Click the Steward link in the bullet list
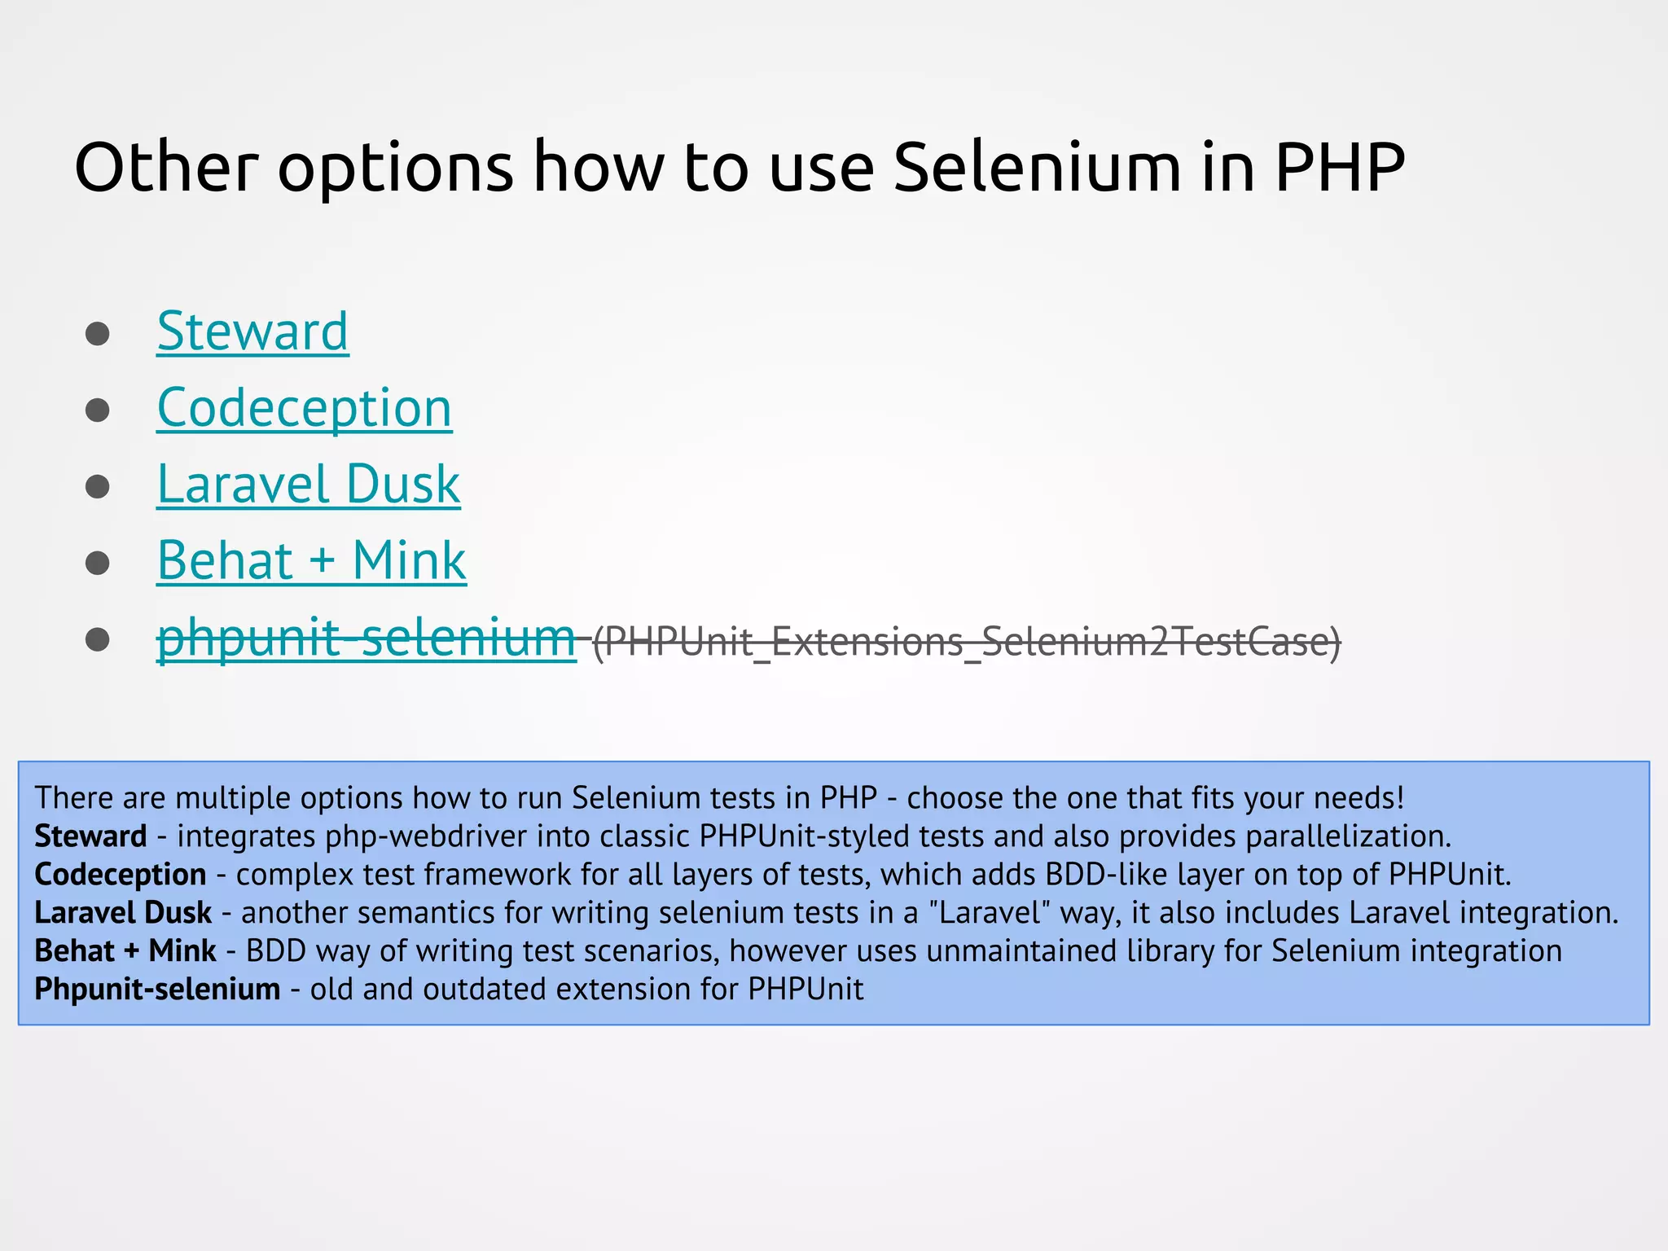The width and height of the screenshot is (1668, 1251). click(252, 331)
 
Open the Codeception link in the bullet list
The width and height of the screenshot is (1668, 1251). click(304, 408)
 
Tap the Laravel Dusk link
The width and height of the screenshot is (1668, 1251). click(308, 485)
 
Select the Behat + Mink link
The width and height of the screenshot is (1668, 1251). click(311, 561)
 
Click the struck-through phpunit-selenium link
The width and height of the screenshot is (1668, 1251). click(366, 638)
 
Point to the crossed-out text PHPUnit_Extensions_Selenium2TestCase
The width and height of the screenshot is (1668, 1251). click(966, 642)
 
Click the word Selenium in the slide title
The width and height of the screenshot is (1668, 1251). click(1037, 168)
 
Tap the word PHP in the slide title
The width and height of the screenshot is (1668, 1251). click(1340, 168)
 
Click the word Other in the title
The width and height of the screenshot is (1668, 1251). click(166, 168)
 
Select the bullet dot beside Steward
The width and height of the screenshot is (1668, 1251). click(98, 334)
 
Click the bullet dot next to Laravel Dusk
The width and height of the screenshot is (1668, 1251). click(98, 487)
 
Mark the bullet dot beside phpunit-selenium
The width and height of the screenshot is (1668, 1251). click(98, 639)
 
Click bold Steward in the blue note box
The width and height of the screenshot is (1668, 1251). click(90, 836)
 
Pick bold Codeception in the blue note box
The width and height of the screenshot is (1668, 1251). click(121, 875)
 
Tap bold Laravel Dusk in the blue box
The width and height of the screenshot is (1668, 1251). click(123, 913)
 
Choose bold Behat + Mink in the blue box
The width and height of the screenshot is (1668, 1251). click(125, 951)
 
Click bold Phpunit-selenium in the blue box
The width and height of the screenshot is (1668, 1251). click(157, 990)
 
